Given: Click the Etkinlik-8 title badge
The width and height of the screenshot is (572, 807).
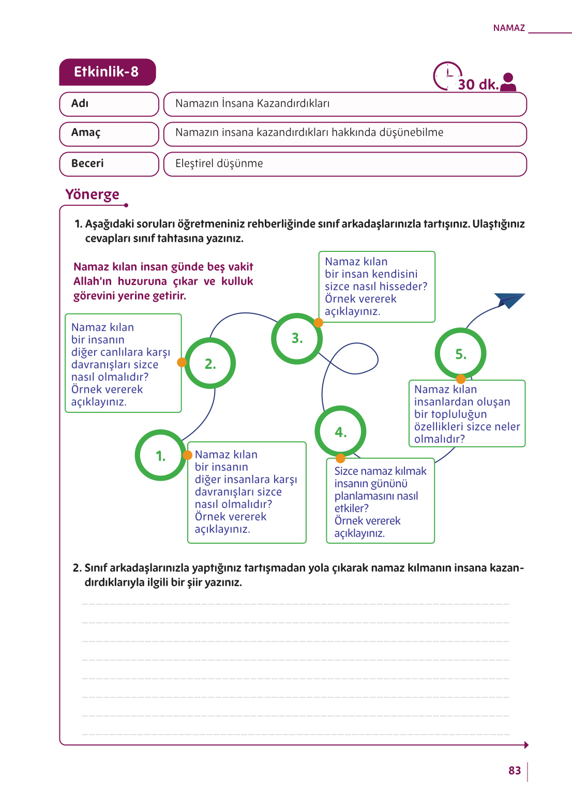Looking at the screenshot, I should [x=107, y=72].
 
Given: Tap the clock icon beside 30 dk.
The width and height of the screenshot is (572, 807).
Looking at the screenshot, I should [x=447, y=76].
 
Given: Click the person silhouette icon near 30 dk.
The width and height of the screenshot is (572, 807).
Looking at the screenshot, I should [x=508, y=82].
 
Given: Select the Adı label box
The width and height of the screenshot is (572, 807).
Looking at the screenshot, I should [x=109, y=103].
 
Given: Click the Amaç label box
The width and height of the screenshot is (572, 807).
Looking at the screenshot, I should [x=109, y=133].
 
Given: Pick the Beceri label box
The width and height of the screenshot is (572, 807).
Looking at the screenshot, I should [x=109, y=163].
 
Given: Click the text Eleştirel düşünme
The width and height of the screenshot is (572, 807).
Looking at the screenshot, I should [x=219, y=163].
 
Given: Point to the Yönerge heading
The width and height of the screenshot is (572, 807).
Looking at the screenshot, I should [x=92, y=195].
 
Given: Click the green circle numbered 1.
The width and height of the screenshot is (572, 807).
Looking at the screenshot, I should [x=161, y=456].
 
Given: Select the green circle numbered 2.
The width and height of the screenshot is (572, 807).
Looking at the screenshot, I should [x=210, y=364].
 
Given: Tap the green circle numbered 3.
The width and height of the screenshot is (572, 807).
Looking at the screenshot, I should [x=297, y=338].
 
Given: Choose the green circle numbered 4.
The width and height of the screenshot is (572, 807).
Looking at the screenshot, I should [x=340, y=432].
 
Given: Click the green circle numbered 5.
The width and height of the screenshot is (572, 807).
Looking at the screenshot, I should [x=460, y=354].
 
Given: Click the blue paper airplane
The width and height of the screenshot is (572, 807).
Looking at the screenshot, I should [x=509, y=300].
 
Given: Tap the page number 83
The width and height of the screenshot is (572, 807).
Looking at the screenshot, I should [x=514, y=771].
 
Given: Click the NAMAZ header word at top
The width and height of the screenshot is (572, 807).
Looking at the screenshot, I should [x=509, y=28].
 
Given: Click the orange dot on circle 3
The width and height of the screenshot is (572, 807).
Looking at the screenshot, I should [x=319, y=323].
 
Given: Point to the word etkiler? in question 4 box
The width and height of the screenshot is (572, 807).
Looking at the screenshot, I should [x=351, y=509].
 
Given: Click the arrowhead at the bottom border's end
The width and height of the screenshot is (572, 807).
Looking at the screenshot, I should [x=526, y=745].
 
